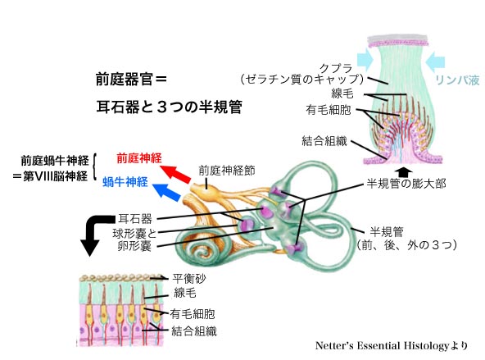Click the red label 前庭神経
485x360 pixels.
139,158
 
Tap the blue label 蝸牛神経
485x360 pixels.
125,182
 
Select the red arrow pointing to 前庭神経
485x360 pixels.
175,175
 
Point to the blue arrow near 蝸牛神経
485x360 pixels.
167,193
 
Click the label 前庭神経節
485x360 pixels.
227,171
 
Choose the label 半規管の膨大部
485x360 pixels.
406,184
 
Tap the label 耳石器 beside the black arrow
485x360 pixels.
135,219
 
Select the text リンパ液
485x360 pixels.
457,80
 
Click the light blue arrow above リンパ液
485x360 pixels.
435,61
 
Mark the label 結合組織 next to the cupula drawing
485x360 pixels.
324,141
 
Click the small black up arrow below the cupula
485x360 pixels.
404,171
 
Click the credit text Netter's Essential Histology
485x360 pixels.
382,345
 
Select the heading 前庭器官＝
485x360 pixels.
131,80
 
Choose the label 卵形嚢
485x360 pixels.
134,246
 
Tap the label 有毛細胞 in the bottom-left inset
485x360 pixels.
192,314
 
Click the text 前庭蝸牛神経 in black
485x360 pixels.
55,161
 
